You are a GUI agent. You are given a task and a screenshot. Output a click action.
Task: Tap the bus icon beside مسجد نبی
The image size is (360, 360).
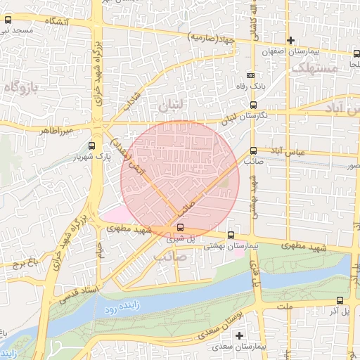pos(7,22)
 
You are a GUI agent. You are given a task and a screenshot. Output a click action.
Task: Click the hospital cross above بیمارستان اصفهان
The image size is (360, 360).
pos(290,40)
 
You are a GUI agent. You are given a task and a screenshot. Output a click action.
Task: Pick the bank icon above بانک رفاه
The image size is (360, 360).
pos(251,75)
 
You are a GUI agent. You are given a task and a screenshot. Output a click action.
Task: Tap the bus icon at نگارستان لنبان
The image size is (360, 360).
pos(253,105)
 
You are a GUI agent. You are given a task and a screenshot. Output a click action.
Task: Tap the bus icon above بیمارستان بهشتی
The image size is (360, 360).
pos(231,234)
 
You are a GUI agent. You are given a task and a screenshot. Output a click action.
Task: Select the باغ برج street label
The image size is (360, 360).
pos(22,265)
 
